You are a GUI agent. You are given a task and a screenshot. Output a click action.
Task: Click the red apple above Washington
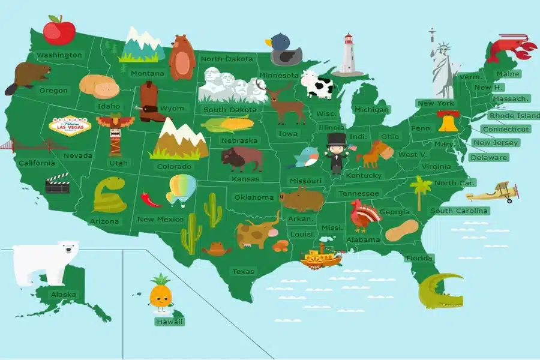click(x=59, y=29)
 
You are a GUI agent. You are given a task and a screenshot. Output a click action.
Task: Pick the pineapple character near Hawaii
click(x=160, y=294)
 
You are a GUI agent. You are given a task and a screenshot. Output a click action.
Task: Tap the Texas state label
click(x=243, y=272)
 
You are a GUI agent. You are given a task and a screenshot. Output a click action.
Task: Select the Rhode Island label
click(x=514, y=115)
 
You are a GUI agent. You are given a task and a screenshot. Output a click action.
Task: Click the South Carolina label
click(x=459, y=211)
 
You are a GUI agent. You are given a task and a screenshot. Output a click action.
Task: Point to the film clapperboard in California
click(x=58, y=184)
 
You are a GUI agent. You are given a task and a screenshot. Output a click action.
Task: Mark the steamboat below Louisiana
click(x=320, y=256)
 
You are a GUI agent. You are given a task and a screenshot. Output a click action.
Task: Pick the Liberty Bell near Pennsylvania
click(x=447, y=122)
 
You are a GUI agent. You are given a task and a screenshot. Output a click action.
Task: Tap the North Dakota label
click(x=227, y=59)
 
